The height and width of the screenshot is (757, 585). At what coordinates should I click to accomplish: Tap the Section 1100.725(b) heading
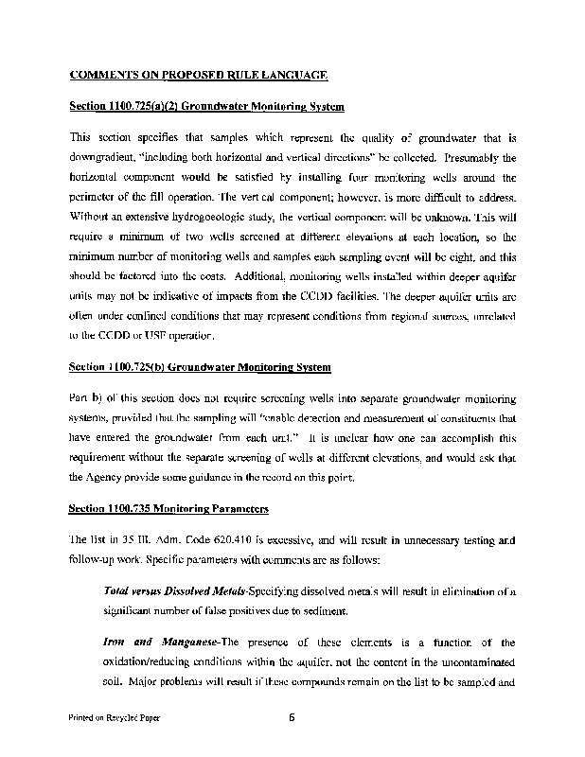tap(201, 366)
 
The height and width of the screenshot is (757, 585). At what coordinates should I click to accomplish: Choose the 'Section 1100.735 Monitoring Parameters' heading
tap(169, 509)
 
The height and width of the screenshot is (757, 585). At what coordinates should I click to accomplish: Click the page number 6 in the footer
tap(292, 717)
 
